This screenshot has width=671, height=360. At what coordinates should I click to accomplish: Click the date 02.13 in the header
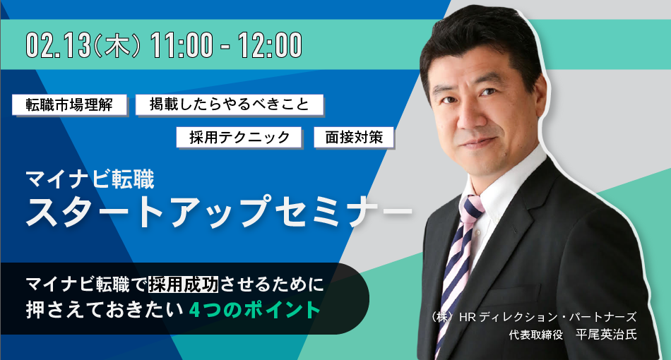coord(59,45)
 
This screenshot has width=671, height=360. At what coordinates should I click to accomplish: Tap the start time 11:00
coord(182,45)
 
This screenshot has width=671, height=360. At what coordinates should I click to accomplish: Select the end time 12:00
coord(270,45)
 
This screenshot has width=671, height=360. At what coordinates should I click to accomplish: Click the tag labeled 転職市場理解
coord(69,104)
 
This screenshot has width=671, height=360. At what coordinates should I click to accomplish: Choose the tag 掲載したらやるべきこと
coord(230,104)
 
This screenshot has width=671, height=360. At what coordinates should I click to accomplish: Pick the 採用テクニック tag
coord(239,137)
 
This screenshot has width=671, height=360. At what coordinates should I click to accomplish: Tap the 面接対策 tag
coord(354,137)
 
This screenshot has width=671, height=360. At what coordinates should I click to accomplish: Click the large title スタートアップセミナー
coord(218,211)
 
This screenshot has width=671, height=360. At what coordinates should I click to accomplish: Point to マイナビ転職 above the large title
coord(90,179)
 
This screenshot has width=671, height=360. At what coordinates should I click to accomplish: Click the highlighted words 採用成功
coord(183,284)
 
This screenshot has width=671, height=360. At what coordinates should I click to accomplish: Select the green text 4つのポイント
coord(255,310)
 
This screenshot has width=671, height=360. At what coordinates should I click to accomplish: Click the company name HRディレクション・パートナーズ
coord(547,317)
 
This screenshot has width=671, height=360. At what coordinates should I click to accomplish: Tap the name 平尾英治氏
coord(607,335)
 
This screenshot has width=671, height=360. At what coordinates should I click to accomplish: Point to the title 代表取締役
coord(536,335)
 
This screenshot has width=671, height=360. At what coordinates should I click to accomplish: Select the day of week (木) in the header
coord(117,45)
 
